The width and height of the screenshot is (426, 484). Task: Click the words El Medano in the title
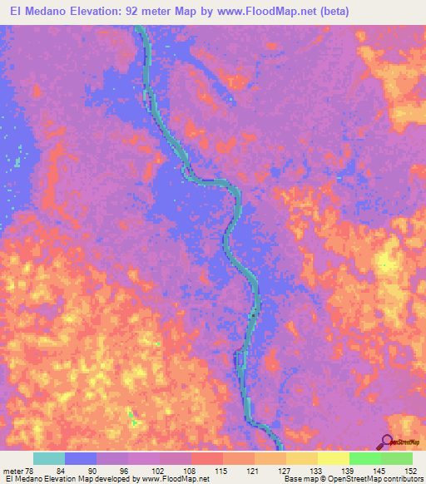tap(38, 11)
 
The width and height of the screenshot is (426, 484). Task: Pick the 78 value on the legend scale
tap(32, 470)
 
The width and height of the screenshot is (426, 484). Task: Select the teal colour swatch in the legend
tap(49, 458)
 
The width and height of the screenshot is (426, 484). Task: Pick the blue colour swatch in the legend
tap(81, 458)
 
